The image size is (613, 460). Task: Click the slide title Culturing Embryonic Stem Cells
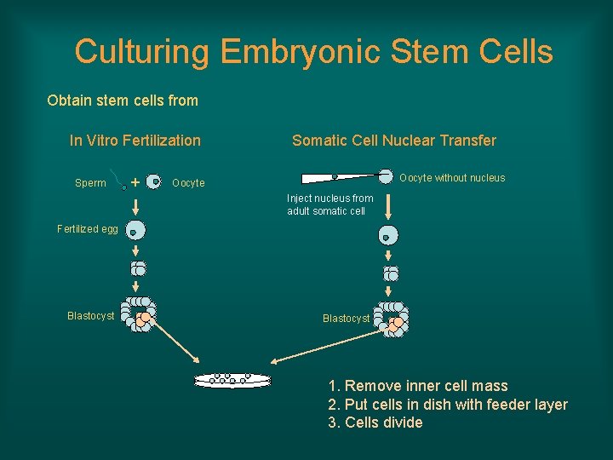(313, 52)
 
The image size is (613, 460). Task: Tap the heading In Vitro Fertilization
(135, 141)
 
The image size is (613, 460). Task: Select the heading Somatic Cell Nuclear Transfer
(393, 141)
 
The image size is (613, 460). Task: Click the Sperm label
(90, 183)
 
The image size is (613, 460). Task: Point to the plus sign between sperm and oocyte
(136, 181)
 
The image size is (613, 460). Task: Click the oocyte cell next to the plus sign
(155, 181)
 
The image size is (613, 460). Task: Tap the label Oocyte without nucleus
(452, 178)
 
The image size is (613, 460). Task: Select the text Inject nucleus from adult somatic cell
(329, 204)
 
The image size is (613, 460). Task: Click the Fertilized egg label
(87, 229)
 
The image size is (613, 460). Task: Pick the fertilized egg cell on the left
(135, 230)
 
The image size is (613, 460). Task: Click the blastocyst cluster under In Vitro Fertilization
(137, 313)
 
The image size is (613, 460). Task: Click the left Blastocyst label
(90, 316)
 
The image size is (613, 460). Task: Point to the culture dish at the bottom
(232, 379)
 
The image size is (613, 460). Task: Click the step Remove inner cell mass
(417, 386)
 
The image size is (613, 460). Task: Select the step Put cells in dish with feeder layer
(447, 405)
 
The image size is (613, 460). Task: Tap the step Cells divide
(375, 423)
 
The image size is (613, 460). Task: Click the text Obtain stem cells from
(123, 101)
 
